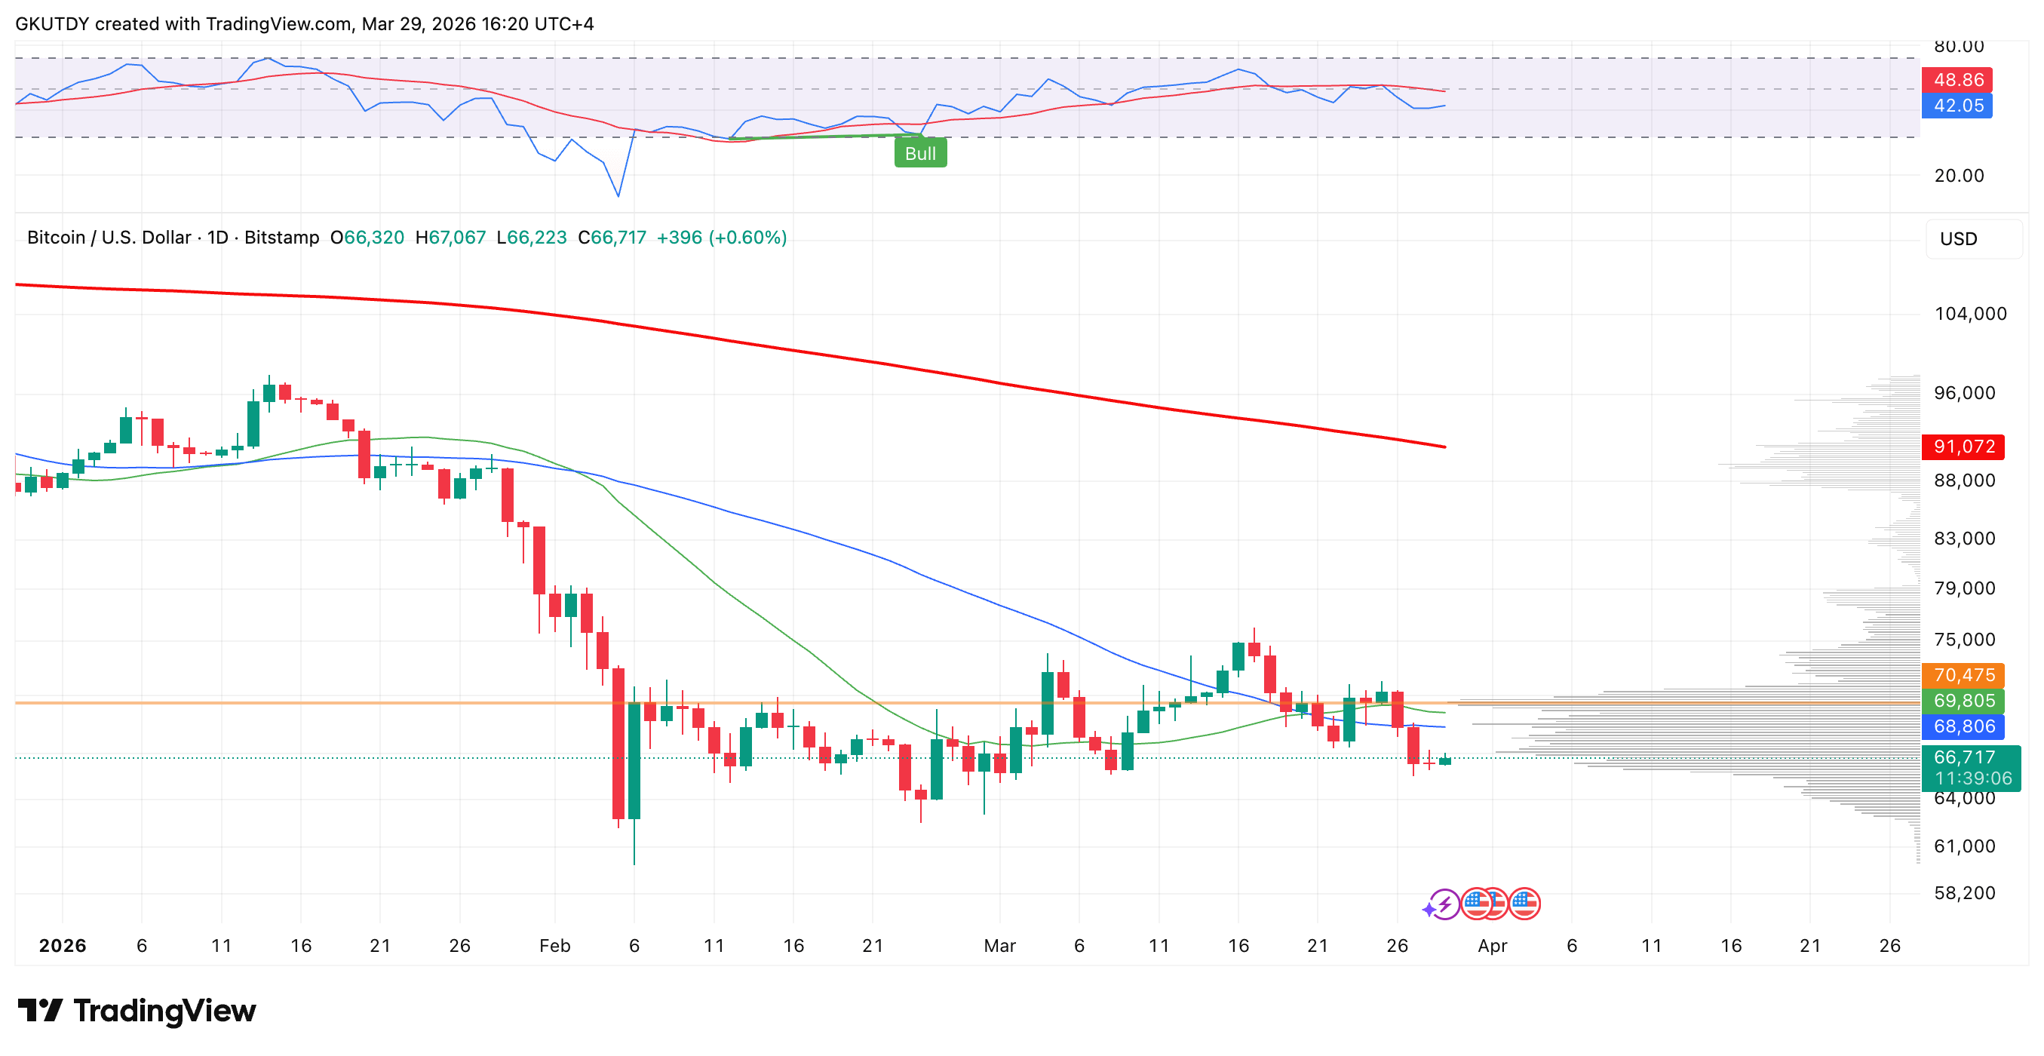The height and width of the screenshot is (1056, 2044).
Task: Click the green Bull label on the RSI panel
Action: pos(919,153)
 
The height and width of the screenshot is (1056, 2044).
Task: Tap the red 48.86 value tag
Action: pos(1957,79)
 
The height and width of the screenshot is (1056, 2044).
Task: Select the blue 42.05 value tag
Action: pos(1957,106)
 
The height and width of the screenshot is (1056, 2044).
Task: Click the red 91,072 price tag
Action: pos(1963,447)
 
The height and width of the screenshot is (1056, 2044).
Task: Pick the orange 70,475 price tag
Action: pos(1963,675)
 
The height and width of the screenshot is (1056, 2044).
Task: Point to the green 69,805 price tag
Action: pos(1963,701)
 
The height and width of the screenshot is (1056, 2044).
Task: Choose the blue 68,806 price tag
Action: pos(1963,726)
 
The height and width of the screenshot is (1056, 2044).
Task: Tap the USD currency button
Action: pos(1957,239)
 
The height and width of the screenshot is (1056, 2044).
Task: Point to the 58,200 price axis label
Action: pos(1964,892)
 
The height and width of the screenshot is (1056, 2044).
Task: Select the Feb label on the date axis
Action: pos(554,946)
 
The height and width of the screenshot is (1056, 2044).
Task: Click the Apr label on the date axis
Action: pos(1492,946)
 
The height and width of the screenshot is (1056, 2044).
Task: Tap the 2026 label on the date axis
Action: pos(63,946)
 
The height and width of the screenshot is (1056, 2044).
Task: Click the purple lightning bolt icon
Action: pos(1444,904)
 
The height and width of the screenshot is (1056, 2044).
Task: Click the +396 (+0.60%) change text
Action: pos(721,238)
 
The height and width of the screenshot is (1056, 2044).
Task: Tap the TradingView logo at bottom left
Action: pos(137,1010)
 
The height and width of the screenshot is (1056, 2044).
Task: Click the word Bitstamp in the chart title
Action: pos(281,238)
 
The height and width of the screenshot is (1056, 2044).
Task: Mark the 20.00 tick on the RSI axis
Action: pos(1958,175)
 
